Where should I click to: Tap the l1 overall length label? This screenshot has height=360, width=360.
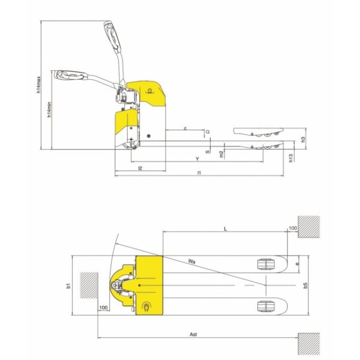pos(198,173)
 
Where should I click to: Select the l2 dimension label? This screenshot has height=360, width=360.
pos(139,169)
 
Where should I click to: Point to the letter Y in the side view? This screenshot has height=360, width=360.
pos(197,158)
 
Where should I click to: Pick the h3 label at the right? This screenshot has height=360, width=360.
pos(304,139)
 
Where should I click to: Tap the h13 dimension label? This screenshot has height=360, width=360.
pos(290,158)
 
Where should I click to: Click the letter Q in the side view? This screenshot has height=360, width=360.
pos(208,131)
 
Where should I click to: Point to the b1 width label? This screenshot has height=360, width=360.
pos(68,285)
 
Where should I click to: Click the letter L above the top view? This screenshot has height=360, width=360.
pos(224,229)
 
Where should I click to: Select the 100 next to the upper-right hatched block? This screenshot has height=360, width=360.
pos(293,229)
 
